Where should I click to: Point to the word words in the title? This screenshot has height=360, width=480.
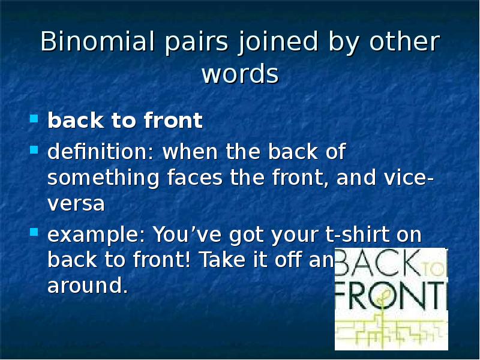click(240, 74)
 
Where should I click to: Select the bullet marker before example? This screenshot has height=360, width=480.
click(34, 232)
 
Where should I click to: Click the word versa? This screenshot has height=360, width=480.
click(76, 204)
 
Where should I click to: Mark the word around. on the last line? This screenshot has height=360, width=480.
click(88, 286)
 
